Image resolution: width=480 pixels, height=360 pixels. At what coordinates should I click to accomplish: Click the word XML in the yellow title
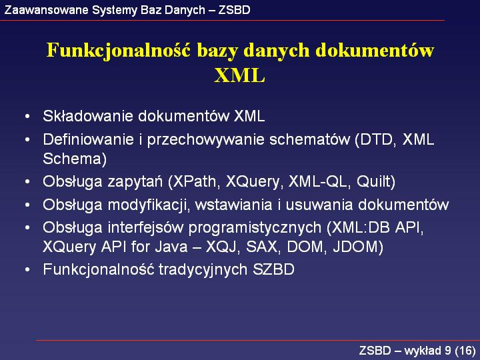coord(239,75)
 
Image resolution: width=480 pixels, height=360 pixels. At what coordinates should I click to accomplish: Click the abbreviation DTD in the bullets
coord(377,140)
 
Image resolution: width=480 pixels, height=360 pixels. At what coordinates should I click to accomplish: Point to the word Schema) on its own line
coord(75,159)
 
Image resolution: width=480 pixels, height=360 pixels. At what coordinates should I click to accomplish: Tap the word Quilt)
coord(376,181)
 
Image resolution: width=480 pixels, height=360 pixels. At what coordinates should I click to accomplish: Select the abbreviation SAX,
coord(263,247)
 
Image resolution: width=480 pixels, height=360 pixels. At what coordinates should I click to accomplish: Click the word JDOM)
coord(358,247)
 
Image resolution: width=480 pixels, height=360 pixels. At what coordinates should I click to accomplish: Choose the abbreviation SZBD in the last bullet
coord(273,270)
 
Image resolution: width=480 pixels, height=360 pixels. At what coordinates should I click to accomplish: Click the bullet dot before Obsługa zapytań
coord(27,182)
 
